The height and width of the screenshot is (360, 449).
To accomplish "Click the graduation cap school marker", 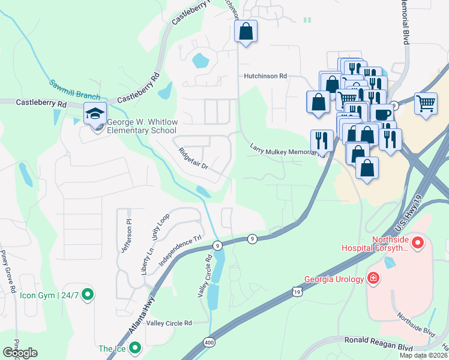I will pos(95,112).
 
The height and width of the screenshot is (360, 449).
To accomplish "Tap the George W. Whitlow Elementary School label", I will pos(142,126).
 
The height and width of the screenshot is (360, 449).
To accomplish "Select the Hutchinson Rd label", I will pos(265,76).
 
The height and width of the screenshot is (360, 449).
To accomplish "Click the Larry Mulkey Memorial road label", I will pos(283,150).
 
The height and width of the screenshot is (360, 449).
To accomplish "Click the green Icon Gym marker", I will pos(88,295).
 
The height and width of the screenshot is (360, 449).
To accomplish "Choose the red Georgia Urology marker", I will pos(373,278).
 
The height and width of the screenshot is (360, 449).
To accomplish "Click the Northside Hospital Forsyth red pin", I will pos(418,242).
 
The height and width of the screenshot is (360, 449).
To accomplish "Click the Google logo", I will pos(20,353).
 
